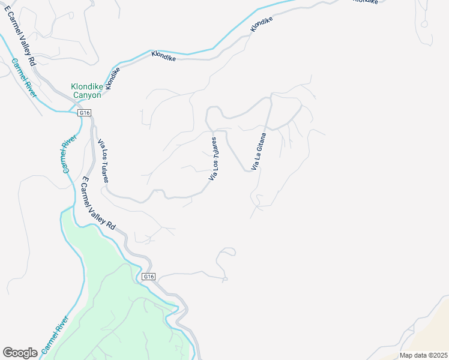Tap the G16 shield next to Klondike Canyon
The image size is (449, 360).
pos(85,112)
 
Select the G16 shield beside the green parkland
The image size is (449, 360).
pos(149,277)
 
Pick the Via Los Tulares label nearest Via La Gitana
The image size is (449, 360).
pos(212,159)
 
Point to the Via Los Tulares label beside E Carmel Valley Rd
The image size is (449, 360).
pos(103,161)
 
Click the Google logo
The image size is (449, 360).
pos(20,353)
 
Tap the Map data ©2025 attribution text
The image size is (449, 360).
pos(423,355)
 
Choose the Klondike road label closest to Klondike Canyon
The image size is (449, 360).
pos(112,77)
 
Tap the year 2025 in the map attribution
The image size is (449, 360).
pos(437,355)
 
